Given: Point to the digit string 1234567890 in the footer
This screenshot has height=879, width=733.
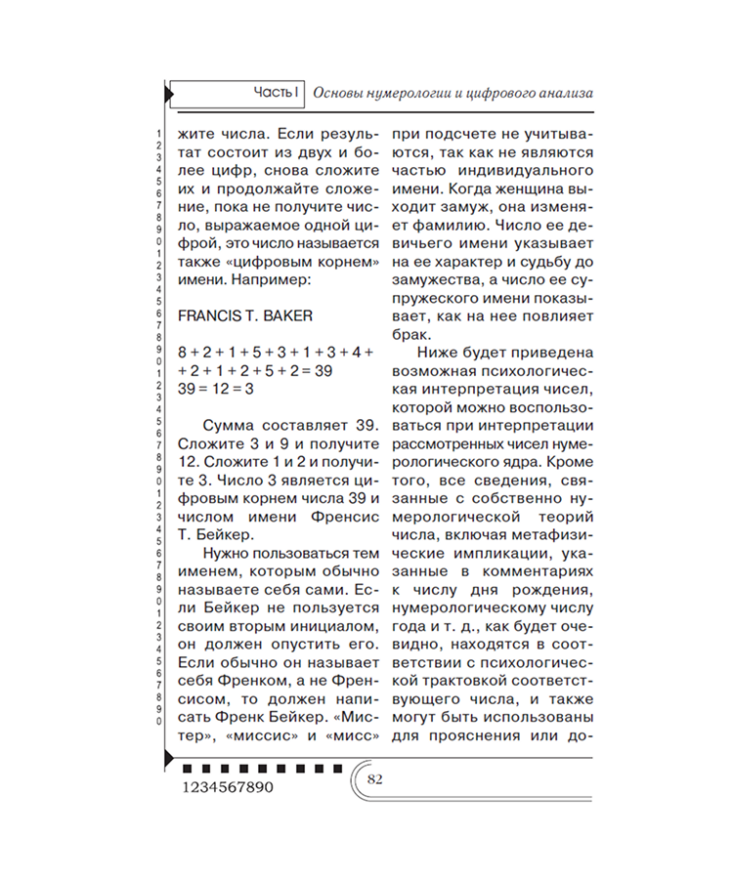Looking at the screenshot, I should click(x=228, y=786).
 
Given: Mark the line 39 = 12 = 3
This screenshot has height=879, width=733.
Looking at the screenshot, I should click(x=215, y=388).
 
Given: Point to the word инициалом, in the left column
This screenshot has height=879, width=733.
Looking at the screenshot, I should click(x=326, y=622).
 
